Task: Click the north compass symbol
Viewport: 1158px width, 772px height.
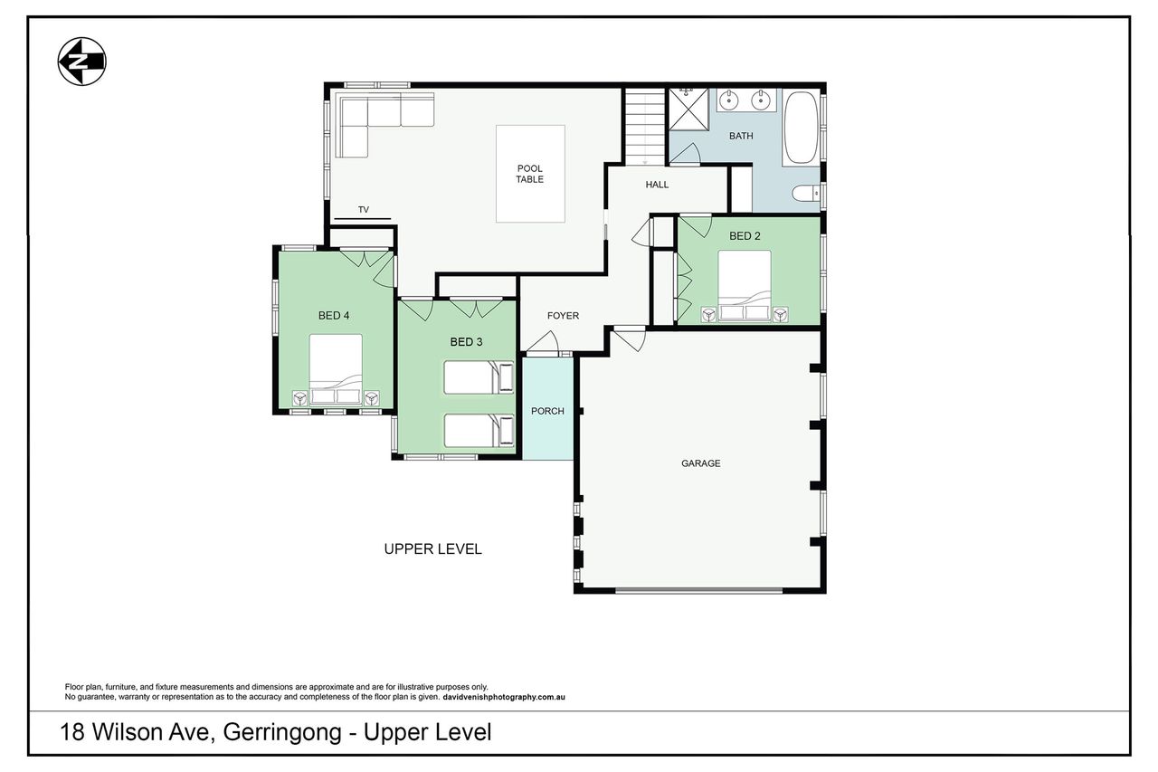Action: (x=81, y=62)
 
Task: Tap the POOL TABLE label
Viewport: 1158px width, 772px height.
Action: (x=530, y=174)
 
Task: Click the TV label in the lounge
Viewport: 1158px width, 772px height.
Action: (x=364, y=209)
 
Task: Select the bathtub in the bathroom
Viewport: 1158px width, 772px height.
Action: (x=801, y=129)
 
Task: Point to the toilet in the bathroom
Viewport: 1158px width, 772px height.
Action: (x=805, y=194)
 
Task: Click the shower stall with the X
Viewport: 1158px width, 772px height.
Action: (x=689, y=110)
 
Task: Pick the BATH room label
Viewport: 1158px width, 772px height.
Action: (x=741, y=136)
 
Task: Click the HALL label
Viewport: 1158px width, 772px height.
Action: (x=657, y=184)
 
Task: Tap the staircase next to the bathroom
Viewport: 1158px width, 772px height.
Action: (x=645, y=126)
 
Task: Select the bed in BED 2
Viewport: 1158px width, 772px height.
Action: (x=745, y=287)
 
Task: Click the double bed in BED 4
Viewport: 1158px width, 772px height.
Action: (x=336, y=369)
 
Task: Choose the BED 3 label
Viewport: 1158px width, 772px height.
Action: (x=466, y=342)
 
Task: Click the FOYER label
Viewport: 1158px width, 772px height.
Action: (x=563, y=316)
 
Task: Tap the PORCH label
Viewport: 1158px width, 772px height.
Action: (x=547, y=411)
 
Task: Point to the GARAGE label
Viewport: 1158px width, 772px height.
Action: (x=700, y=463)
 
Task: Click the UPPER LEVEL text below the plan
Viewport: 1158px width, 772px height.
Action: (x=432, y=549)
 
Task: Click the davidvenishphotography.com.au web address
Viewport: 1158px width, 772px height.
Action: (x=504, y=697)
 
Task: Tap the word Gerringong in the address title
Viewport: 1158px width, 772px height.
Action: (x=282, y=733)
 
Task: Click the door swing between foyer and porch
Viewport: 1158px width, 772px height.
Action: (x=544, y=342)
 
